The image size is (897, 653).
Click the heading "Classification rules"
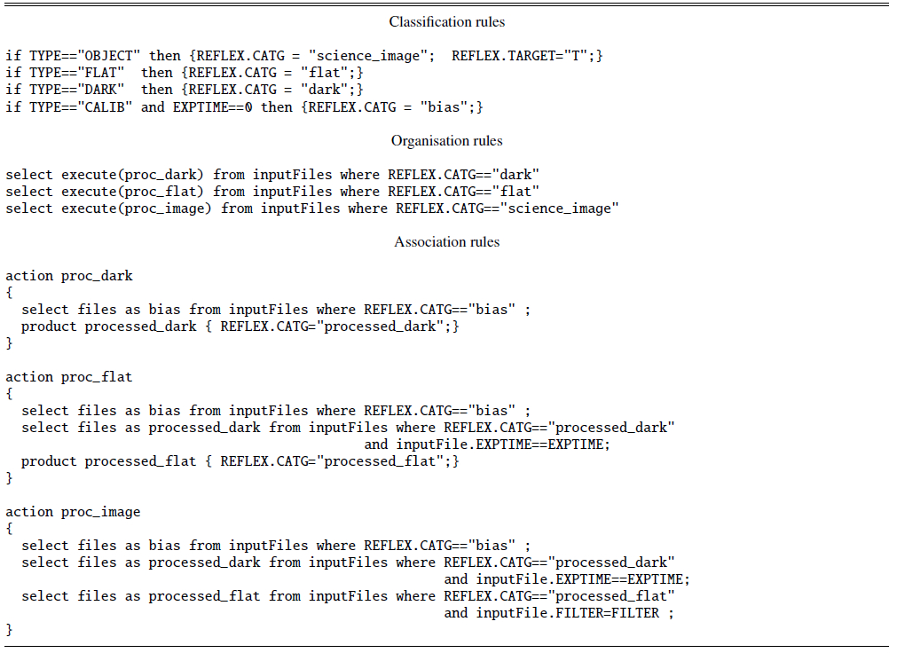pyautogui.click(x=447, y=22)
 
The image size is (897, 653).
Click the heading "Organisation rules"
pyautogui.click(x=447, y=141)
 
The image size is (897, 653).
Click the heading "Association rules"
pyautogui.click(x=447, y=242)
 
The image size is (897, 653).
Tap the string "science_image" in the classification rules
pyautogui.click(x=371, y=56)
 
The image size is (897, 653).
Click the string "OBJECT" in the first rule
pyautogui.click(x=109, y=56)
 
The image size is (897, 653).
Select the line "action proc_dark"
pyautogui.click(x=69, y=276)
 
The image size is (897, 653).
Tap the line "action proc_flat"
pyautogui.click(x=69, y=377)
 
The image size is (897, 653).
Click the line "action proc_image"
pyautogui.click(x=74, y=512)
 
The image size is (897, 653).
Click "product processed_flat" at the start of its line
pyautogui.click(x=109, y=461)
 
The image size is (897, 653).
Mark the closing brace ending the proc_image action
pyautogui.click(x=9, y=630)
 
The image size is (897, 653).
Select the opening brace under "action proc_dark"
pyautogui.click(x=9, y=293)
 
